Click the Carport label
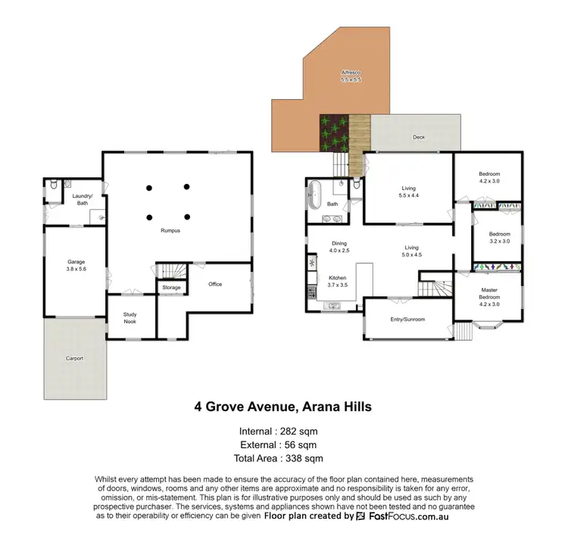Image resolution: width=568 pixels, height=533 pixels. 73,357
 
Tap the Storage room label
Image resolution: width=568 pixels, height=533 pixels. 171,288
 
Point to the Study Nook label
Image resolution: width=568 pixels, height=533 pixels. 130,317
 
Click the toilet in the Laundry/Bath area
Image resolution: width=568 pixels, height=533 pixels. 52,184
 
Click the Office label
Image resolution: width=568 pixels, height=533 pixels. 215,284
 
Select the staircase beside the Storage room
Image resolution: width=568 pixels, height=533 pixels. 170,270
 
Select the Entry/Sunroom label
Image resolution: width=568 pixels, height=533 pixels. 407,319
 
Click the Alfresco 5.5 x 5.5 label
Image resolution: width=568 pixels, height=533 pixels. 351,76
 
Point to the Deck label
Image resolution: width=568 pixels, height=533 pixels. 418,137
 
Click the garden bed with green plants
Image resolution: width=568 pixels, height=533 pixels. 333,132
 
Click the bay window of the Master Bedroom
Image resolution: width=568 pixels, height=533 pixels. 485,328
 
